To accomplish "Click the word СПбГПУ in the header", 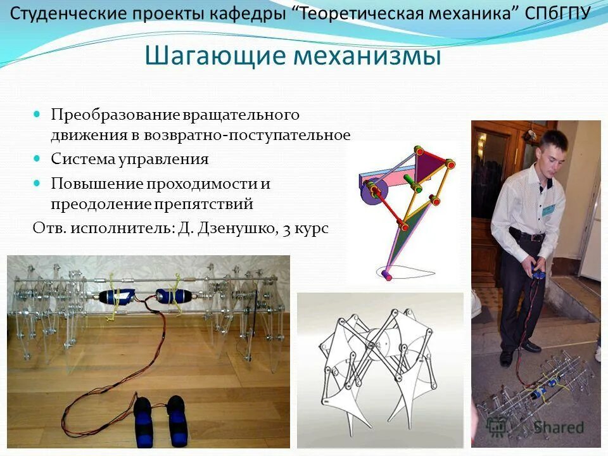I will point(558,15).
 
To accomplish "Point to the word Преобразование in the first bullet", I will point(116,115).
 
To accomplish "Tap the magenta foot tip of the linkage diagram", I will point(388,277).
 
